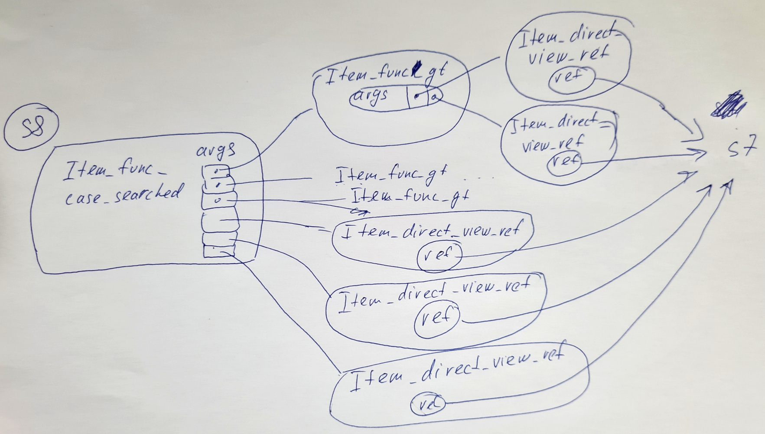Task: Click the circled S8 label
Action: [31, 127]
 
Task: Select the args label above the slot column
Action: [216, 150]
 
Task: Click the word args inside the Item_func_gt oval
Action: [371, 96]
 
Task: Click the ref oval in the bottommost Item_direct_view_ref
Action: [427, 404]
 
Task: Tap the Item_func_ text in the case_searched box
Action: [115, 169]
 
